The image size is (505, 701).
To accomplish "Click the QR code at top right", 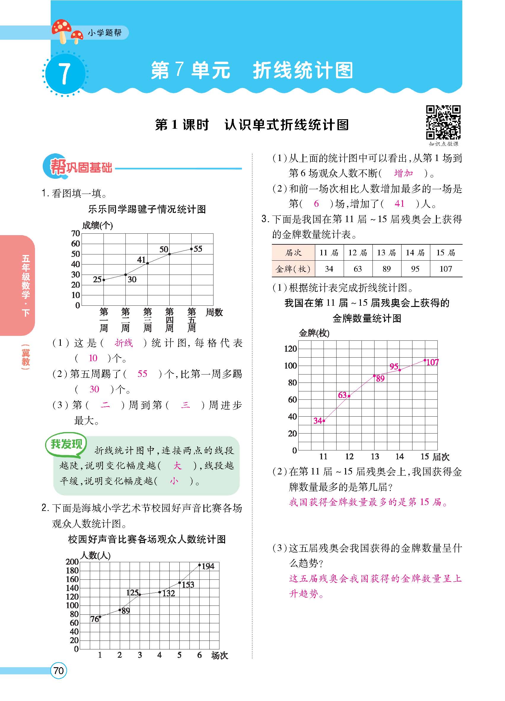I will click(x=443, y=122).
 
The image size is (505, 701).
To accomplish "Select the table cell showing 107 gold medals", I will click(x=446, y=269).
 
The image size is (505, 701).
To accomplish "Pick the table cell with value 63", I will click(x=358, y=269).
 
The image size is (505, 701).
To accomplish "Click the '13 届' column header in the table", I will click(x=386, y=253).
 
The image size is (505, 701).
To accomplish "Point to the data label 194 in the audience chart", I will click(x=208, y=566).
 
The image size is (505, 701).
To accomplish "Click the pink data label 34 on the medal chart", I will click(x=318, y=421).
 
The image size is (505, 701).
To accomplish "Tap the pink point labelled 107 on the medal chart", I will click(x=425, y=360).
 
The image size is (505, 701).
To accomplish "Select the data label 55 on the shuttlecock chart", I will click(x=197, y=249).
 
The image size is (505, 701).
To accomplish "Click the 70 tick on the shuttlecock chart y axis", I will click(x=75, y=233).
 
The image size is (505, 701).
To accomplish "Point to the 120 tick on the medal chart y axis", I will click(x=290, y=349).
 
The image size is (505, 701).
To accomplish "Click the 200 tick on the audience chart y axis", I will click(x=72, y=561).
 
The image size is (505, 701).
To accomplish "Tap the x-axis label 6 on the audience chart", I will click(x=199, y=655).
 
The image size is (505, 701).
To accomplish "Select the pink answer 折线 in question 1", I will click(x=124, y=343).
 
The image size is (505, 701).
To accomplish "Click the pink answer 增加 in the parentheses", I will click(x=404, y=173).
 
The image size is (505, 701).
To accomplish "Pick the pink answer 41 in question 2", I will click(x=399, y=204).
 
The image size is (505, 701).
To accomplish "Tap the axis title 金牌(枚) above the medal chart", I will click(x=314, y=333).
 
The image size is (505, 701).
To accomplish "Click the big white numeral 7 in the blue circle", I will click(x=64, y=74).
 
